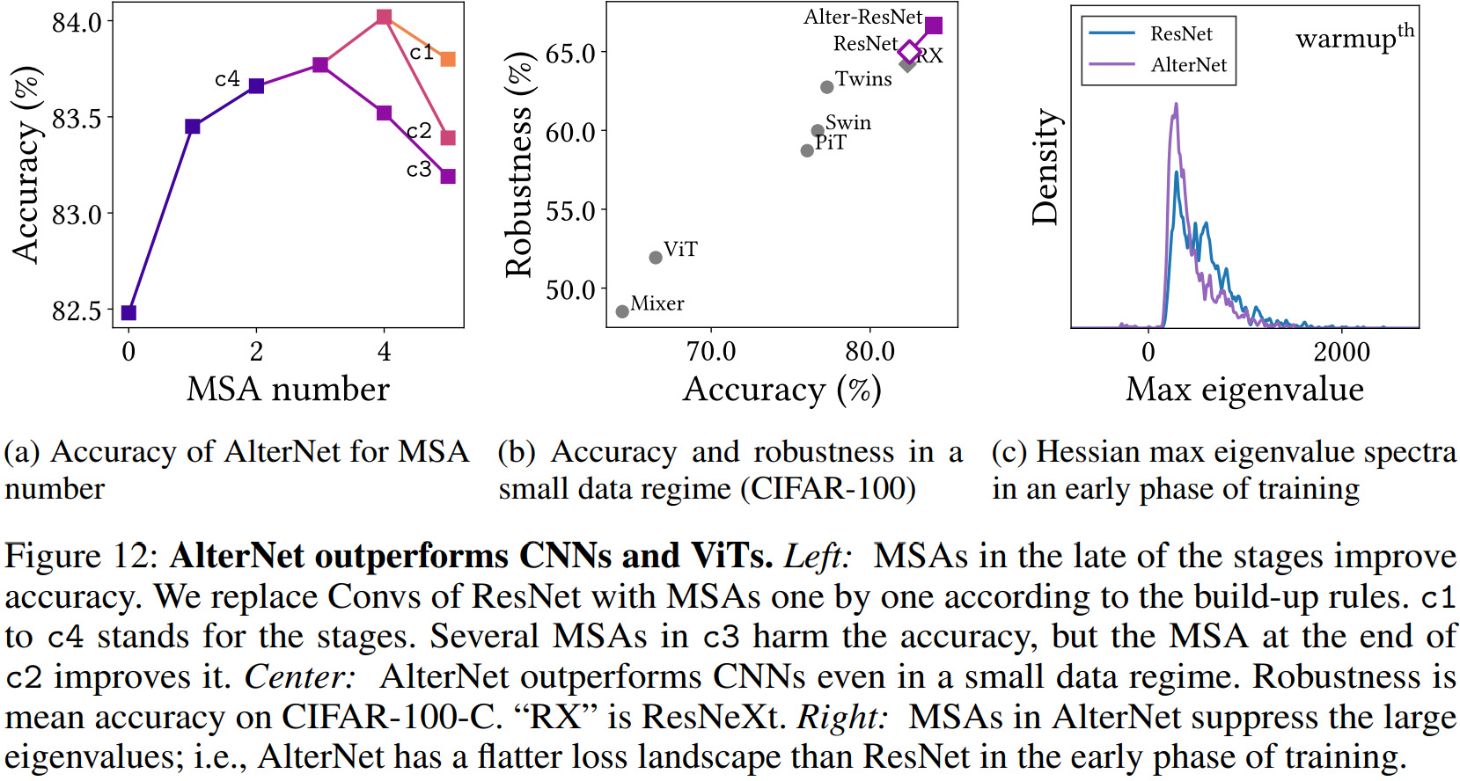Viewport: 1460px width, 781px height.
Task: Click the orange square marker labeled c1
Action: coord(447,59)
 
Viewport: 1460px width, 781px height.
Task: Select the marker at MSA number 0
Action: coord(128,312)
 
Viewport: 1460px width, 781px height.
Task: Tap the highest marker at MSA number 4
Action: coord(384,17)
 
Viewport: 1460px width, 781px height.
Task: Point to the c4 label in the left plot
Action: coord(227,79)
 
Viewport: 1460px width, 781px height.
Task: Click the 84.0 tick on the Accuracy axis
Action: coord(77,22)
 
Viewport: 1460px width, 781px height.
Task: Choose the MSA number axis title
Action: coord(288,389)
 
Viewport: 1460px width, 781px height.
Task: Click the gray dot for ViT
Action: coord(656,258)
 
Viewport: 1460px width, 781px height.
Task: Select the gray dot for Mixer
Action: coord(622,311)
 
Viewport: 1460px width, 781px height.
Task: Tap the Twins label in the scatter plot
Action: coord(863,79)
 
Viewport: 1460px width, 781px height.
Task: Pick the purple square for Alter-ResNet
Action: coord(934,26)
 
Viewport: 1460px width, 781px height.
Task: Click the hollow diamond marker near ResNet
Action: coord(909,53)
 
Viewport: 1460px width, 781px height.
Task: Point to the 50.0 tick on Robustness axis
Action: coord(570,289)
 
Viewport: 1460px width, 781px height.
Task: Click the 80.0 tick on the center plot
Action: coord(869,352)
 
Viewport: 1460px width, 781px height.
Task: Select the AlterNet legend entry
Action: coord(1188,64)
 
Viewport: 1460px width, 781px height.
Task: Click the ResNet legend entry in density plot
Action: coord(1181,33)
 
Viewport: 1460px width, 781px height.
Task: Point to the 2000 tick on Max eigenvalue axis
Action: coord(1341,353)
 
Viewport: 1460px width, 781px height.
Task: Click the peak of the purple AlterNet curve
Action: coord(1176,105)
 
